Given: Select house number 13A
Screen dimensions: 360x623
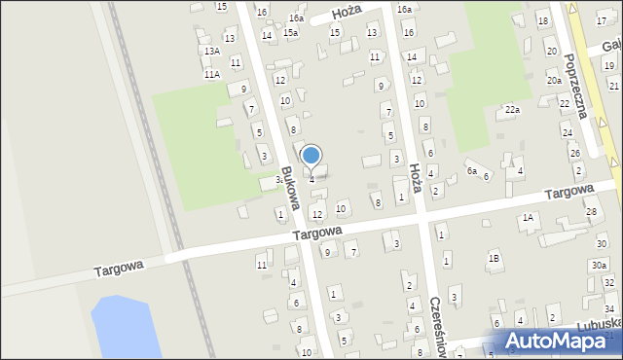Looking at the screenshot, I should tap(211, 51).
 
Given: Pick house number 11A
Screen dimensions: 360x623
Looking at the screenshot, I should tap(211, 74).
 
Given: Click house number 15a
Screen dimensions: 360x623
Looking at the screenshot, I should tap(290, 33).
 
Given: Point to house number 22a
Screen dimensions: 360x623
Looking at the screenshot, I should tap(512, 111).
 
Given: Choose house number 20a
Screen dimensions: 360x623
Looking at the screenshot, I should tap(553, 81).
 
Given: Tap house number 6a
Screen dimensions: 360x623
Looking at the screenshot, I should tap(471, 171).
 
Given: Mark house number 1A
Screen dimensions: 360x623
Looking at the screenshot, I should tap(528, 218).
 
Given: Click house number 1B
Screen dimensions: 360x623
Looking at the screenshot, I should tap(495, 258).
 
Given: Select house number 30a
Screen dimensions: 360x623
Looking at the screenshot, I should tap(599, 265).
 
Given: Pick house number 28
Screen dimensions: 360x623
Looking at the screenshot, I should tap(591, 211).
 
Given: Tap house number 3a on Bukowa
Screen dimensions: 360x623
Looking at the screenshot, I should tap(279, 179).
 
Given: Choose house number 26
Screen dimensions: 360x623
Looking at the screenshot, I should tap(575, 154).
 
